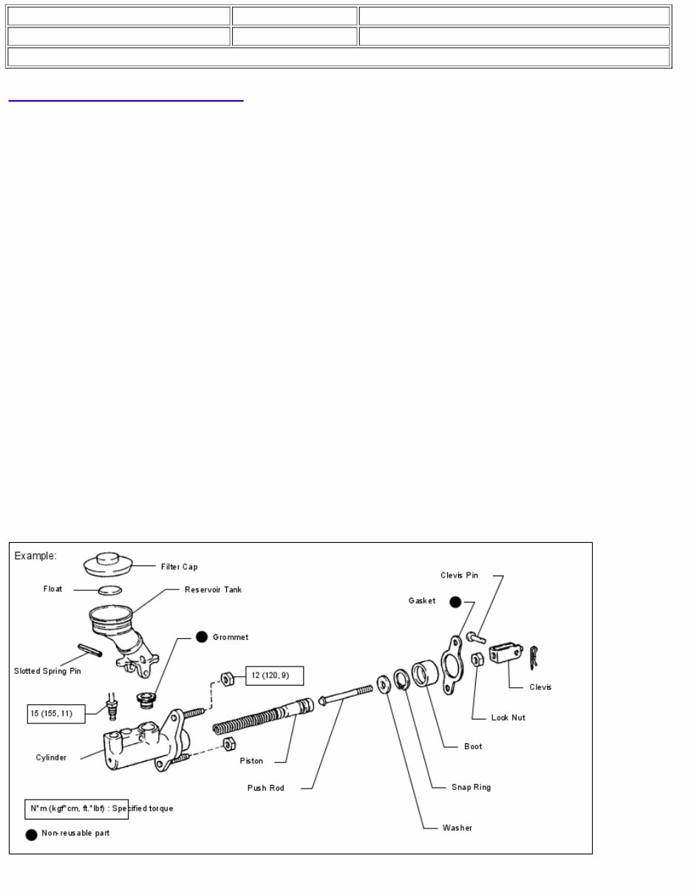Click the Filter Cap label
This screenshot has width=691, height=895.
click(180, 567)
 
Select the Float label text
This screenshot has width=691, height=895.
click(52, 590)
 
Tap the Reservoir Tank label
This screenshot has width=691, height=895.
click(213, 590)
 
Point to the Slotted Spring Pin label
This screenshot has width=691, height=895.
click(47, 671)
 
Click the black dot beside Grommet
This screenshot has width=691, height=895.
click(201, 637)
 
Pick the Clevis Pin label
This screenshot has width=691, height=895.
click(459, 575)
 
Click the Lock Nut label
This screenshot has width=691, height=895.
click(508, 717)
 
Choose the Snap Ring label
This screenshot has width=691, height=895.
click(471, 787)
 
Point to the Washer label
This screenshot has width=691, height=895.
click(457, 828)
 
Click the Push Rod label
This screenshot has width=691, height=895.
click(265, 788)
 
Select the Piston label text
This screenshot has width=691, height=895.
click(251, 760)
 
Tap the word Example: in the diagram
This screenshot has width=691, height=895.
click(35, 555)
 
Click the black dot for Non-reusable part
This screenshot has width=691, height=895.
click(31, 834)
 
